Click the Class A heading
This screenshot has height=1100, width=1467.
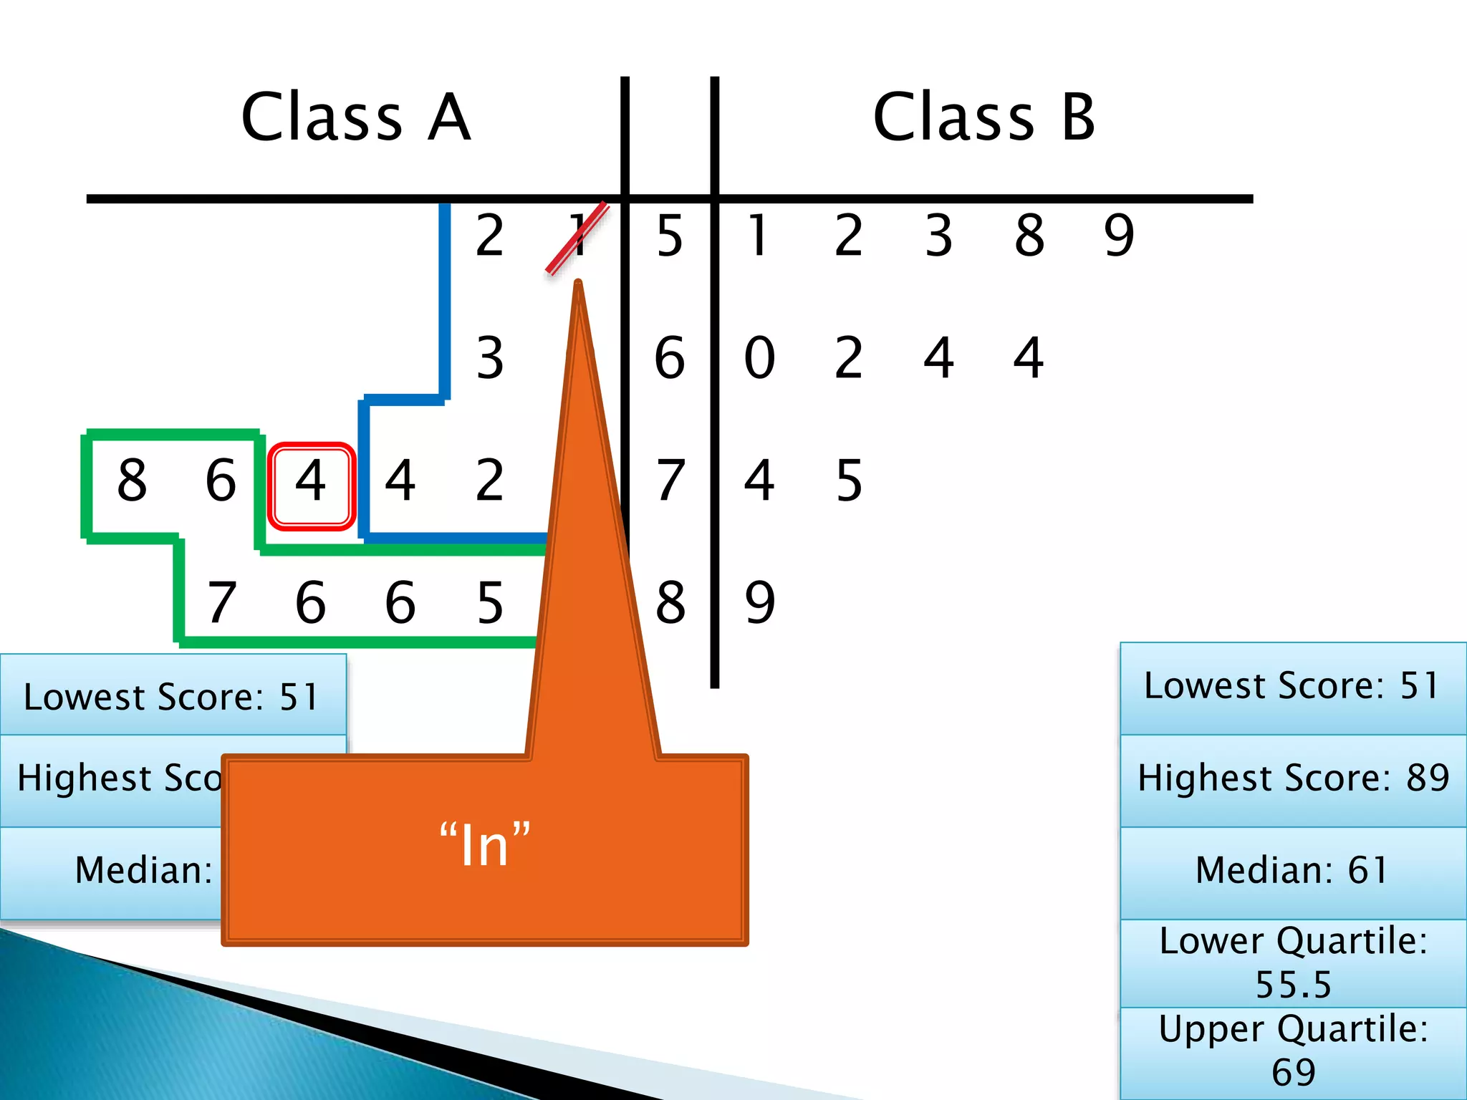356,117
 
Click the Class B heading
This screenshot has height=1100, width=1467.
984,117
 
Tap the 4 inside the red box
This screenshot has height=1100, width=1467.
311,481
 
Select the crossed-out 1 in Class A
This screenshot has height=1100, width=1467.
579,236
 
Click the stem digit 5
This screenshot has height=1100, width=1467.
670,236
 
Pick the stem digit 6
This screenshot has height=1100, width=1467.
670,358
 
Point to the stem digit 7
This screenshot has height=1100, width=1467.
670,481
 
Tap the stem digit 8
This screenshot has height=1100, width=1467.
670,603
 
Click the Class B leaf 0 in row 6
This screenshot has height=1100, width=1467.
759,358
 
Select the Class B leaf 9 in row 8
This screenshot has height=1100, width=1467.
759,603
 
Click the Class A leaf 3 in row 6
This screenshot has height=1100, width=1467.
490,358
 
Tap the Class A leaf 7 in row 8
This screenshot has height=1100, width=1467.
221,603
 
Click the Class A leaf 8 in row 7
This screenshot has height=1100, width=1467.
133,481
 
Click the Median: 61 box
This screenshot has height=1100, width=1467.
1293,871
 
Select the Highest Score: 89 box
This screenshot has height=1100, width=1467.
1293,778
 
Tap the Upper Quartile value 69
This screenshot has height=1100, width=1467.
1294,1072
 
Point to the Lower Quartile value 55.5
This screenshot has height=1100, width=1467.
1294,984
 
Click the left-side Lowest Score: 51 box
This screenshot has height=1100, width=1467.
172,697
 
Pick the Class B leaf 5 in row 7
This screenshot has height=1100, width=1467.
849,481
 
